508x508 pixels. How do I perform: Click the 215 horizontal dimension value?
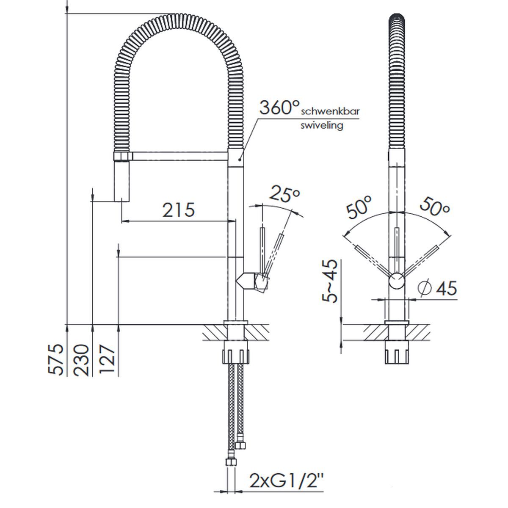point(179,210)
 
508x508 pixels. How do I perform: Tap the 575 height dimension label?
point(55,359)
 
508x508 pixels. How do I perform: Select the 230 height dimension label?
point(81,360)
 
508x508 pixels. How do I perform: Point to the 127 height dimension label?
point(107,359)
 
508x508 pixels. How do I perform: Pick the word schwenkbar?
point(330,111)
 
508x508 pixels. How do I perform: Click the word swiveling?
point(322,125)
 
